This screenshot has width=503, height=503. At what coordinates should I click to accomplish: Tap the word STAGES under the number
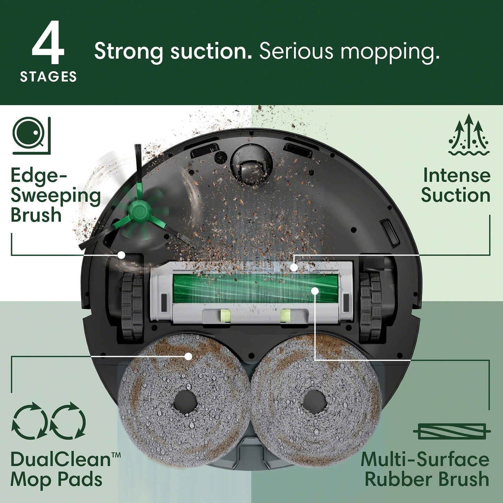coord(48,77)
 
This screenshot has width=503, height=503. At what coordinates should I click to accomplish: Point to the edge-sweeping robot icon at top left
coord(31,135)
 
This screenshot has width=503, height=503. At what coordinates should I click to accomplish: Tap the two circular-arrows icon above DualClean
coord(48,420)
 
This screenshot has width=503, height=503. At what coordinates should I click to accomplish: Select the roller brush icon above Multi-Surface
coord(452,432)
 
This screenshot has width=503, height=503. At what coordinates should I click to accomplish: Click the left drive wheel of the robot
coord(132,306)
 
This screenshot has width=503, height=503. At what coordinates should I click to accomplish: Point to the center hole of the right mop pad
coord(314,401)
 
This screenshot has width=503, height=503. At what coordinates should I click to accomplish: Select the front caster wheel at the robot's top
coord(251,163)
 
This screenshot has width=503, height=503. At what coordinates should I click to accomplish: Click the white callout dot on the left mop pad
coord(188,356)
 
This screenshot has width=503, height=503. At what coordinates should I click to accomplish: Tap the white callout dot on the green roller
coord(315,290)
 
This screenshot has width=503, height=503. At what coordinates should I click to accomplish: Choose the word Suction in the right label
coord(455,195)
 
